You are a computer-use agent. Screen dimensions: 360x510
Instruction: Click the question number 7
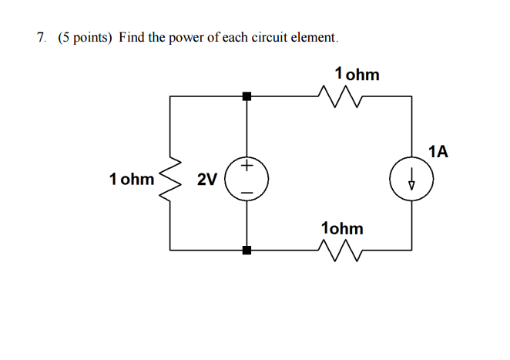pos(40,37)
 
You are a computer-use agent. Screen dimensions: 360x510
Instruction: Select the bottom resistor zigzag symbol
pos(339,249)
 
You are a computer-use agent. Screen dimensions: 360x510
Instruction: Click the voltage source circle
pos(247,180)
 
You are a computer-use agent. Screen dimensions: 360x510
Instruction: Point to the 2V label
pos(206,180)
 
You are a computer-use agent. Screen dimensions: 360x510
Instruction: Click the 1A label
pos(438,151)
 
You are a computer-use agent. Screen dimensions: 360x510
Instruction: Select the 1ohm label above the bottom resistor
pos(342,228)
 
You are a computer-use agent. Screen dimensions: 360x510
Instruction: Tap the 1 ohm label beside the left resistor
pos(132,180)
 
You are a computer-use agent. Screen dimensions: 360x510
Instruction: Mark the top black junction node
pos(247,96)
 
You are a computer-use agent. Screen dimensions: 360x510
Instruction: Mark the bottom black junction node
pos(247,250)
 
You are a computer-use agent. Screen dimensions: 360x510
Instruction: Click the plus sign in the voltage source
pos(247,165)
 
